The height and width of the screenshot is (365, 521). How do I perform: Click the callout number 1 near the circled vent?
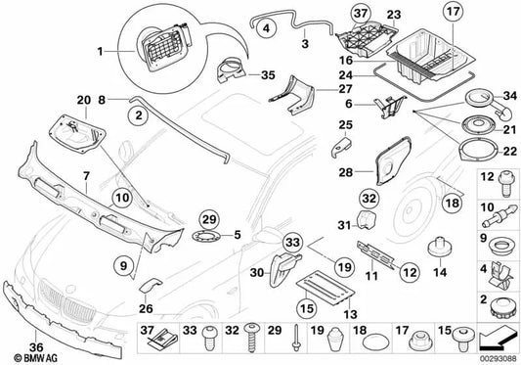point(101,47)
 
